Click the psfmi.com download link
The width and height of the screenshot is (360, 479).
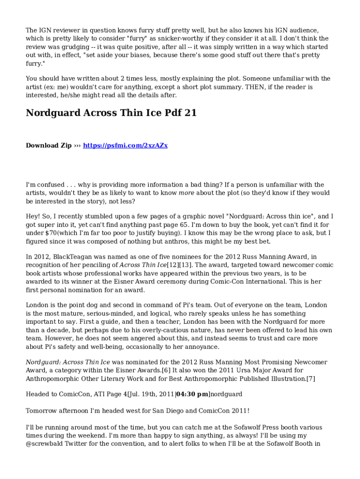[125, 145]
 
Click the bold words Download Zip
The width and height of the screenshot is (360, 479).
[49, 145]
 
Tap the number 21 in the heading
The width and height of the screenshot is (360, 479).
[191, 113]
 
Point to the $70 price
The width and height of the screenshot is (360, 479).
[52, 233]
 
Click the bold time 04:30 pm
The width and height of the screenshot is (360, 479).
[192, 394]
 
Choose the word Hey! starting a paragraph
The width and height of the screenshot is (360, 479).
[34, 217]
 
